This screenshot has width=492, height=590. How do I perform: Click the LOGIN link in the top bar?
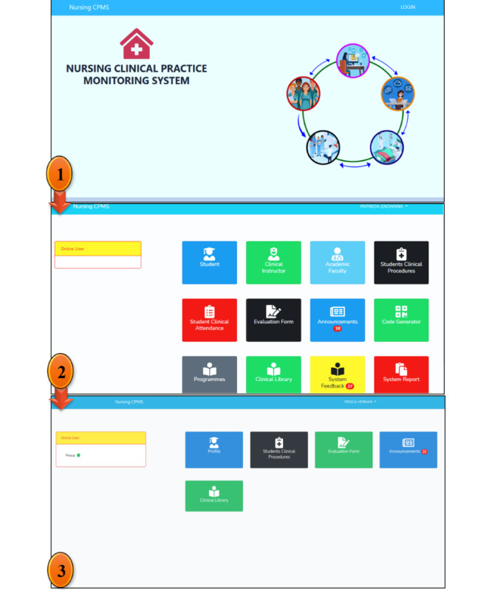408,7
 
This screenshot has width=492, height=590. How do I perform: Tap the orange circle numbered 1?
60,176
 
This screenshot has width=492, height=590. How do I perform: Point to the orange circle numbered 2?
60,373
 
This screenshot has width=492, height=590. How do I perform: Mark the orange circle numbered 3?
61,570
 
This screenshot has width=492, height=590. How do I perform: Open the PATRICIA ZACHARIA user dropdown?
383,207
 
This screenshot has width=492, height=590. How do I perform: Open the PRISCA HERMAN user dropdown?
361,402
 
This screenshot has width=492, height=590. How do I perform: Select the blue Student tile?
209,262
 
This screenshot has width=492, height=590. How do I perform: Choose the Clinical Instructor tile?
273,262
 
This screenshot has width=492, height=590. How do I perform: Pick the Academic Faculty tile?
337,262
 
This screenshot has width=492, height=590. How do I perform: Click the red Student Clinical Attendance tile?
209,320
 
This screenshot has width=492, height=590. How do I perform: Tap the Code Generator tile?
401,320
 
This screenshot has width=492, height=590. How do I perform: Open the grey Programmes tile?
209,374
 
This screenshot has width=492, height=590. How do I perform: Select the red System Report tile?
401,374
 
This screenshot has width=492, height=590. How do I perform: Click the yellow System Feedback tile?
337,374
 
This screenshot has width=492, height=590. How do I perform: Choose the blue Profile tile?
213,450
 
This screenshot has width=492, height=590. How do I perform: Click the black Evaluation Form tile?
273,320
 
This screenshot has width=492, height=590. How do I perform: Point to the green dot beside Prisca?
79,455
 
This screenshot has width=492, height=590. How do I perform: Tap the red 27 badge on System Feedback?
350,385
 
